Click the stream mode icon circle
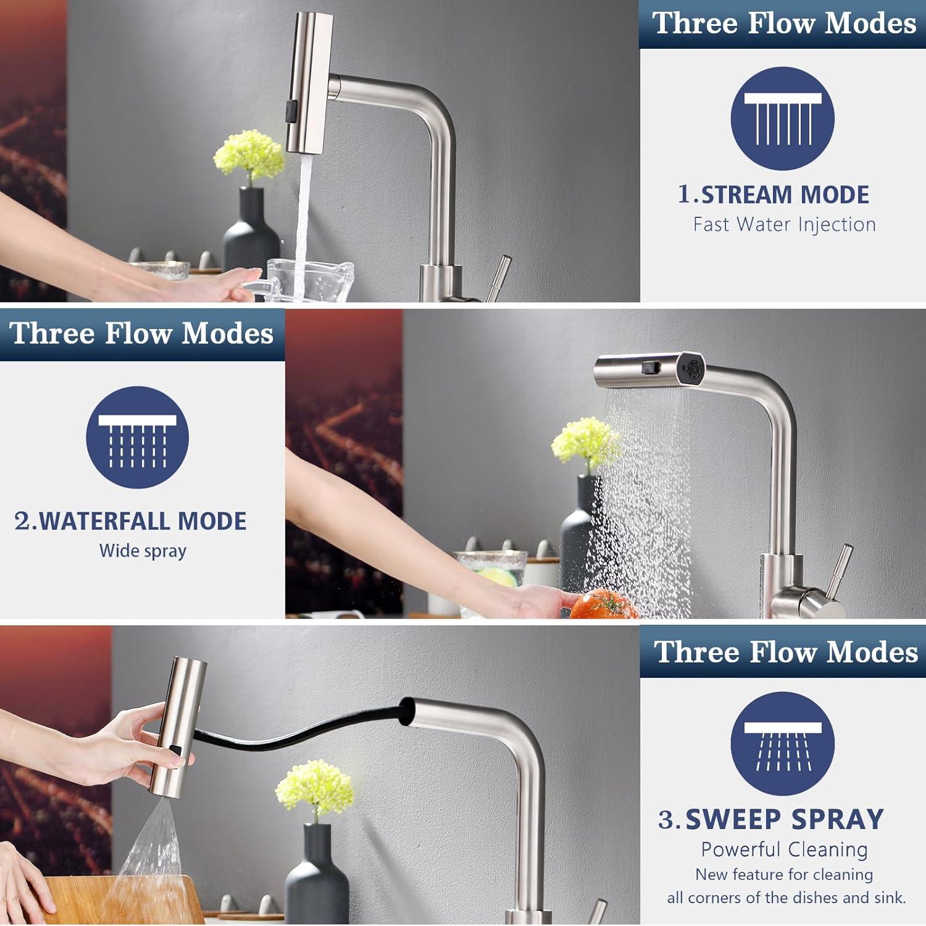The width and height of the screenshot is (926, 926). coord(783,119)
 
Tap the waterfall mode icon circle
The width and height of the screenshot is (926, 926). coord(137,438)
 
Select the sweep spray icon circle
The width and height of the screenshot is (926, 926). coord(783,743)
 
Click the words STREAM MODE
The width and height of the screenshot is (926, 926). coord(785,195)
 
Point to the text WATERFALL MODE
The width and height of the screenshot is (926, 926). coord(143,521)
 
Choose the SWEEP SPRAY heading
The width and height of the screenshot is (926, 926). coord(785,819)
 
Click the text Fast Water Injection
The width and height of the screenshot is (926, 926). coord(784,224)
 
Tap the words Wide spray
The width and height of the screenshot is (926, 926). coord(143,551)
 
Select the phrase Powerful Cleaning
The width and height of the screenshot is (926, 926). coord(784,849)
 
